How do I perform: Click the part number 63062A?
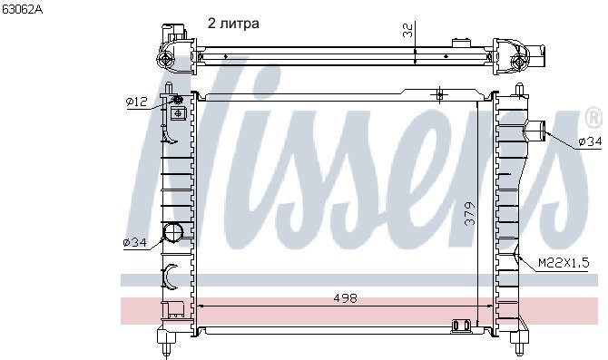click(x=23, y=9)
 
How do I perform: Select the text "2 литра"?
click(x=233, y=24)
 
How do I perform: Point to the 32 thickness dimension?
click(x=407, y=30)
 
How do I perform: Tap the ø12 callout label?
click(x=137, y=102)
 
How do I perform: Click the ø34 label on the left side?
click(x=134, y=243)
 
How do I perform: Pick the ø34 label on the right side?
click(x=590, y=141)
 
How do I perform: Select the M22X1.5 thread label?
click(x=564, y=263)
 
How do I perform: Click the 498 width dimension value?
click(x=345, y=298)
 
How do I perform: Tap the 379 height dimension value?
click(x=469, y=213)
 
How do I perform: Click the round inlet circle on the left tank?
click(x=173, y=232)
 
